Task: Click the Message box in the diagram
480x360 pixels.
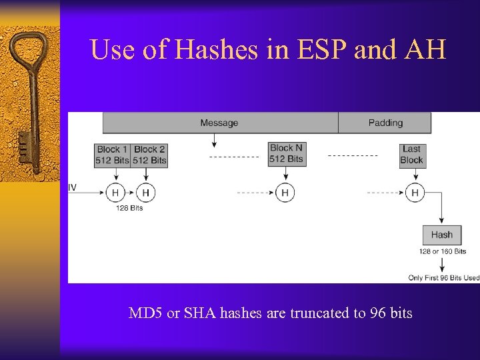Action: click(219, 123)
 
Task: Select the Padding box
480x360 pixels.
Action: click(385, 123)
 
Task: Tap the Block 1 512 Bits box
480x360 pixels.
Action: click(112, 155)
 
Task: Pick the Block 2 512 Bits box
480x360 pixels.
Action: click(149, 155)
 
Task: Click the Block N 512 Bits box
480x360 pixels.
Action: click(286, 154)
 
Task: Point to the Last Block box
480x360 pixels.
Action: click(411, 155)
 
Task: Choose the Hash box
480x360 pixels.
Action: click(441, 235)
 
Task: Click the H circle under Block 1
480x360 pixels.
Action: click(115, 193)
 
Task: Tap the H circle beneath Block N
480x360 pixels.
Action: click(285, 193)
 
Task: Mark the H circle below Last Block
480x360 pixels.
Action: click(415, 193)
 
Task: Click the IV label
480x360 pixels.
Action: click(72, 187)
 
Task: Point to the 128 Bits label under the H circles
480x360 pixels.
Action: click(129, 209)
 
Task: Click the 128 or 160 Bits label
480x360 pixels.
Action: click(442, 251)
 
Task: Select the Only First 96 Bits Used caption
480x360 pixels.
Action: click(443, 278)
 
